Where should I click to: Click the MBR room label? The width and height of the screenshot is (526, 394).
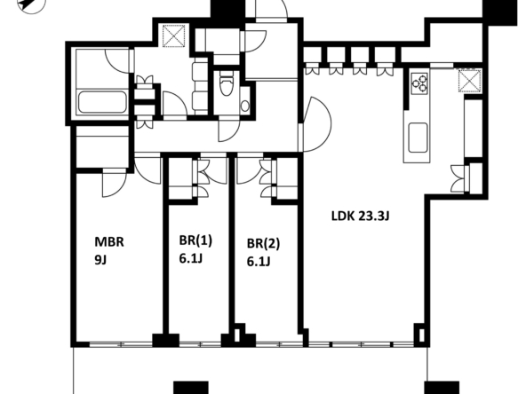[109, 242]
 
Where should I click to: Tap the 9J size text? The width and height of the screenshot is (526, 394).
[100, 260]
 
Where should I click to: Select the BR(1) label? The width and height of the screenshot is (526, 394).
[195, 240]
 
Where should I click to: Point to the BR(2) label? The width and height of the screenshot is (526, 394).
[263, 243]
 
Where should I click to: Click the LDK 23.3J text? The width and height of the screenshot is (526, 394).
[361, 217]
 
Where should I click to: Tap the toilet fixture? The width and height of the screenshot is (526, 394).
[226, 85]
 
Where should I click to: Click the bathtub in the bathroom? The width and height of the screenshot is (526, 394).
[102, 102]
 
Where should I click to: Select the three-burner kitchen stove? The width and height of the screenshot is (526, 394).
[419, 83]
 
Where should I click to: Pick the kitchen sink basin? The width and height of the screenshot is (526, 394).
[418, 138]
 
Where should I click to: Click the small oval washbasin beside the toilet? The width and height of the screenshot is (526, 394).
[245, 106]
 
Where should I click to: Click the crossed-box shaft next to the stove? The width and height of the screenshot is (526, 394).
[470, 81]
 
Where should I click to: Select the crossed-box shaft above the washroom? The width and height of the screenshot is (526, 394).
[174, 35]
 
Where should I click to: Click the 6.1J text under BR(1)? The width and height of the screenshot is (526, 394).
[190, 258]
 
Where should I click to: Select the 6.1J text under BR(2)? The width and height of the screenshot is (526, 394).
[259, 262]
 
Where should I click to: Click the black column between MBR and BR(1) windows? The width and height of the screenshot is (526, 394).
[166, 340]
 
